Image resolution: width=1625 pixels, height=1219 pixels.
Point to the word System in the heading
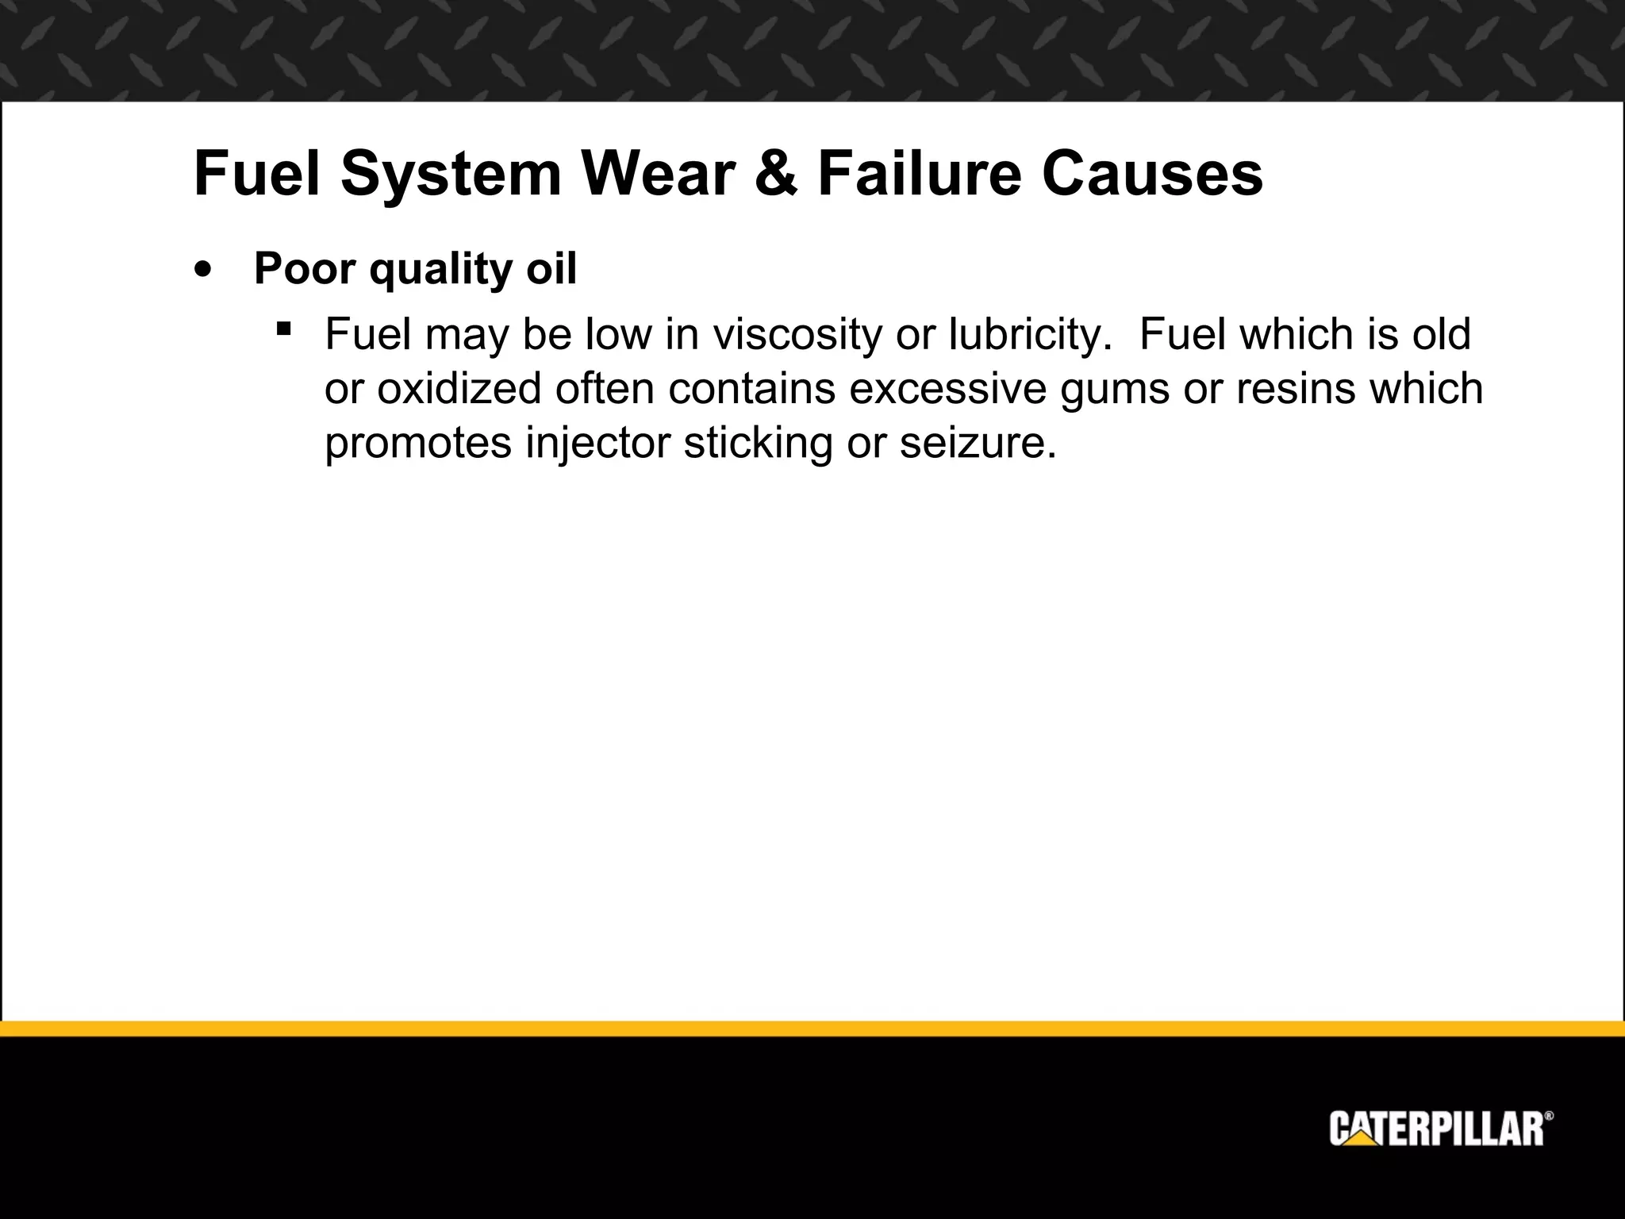[451, 175]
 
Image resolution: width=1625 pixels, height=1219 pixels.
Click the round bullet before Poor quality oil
[204, 269]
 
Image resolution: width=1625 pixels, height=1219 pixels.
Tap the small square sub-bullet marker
[283, 328]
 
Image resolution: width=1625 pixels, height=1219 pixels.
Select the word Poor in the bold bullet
[305, 269]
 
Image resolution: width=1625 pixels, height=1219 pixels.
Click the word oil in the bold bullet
[551, 269]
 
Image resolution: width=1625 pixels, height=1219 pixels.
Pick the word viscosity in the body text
[797, 335]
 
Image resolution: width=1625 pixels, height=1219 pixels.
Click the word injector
[597, 443]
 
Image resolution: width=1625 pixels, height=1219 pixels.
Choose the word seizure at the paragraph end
[978, 443]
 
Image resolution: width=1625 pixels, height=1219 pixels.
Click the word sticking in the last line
[758, 443]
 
